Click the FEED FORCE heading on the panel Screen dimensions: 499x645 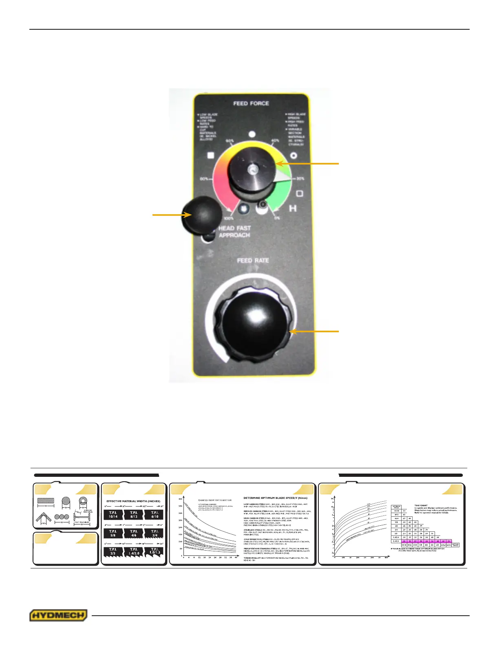251,103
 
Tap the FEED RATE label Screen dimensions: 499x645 253,260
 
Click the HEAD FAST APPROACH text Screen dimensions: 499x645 234,232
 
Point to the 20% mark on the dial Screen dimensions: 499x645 300,179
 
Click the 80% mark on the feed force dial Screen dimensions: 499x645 204,179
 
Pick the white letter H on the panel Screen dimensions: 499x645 293,208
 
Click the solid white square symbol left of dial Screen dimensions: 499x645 211,155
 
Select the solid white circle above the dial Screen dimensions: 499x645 252,134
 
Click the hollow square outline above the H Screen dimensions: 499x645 299,193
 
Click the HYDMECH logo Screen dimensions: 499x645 58,615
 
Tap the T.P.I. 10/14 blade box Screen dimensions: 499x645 113,514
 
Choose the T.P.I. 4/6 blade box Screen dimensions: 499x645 134,533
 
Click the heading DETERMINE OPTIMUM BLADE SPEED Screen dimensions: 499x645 275,498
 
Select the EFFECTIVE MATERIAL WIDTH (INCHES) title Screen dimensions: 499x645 133,501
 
